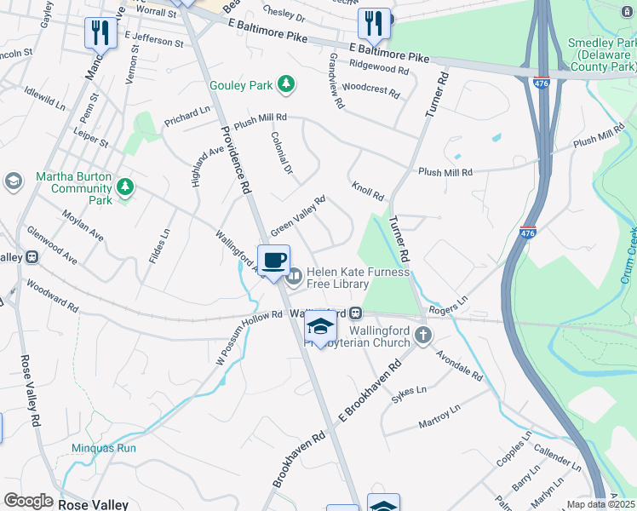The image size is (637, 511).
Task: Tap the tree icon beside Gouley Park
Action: coord(288,84)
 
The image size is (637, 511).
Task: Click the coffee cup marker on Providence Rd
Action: coord(273,261)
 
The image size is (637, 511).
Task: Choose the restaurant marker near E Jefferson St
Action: coord(100,32)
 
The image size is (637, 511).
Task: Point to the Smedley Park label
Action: coord(602,54)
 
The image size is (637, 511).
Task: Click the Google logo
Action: coord(28,501)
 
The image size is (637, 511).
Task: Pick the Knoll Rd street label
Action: coord(368,191)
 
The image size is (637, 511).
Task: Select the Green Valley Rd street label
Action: coord(298,217)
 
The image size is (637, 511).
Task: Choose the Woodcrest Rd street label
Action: coord(370,88)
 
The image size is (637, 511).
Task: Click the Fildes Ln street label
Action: coord(159,244)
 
